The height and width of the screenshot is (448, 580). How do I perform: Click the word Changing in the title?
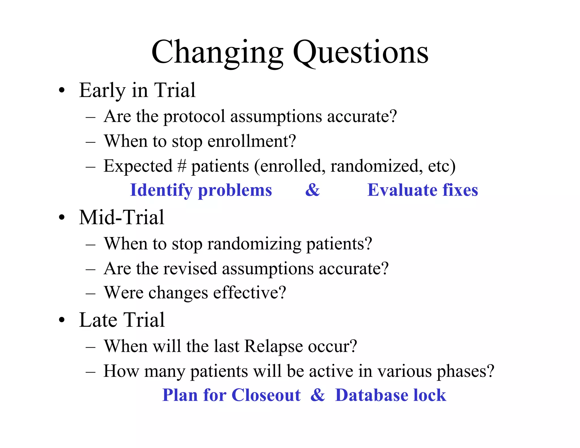point(217,53)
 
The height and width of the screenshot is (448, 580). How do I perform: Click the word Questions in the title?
point(360,53)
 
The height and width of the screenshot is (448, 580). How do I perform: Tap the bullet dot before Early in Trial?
point(62,91)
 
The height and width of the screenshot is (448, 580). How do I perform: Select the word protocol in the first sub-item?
point(194,117)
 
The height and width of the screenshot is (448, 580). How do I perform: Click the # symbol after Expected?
point(182,166)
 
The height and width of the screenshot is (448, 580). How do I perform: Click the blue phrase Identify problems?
point(201,190)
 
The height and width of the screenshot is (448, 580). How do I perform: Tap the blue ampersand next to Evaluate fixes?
point(312,190)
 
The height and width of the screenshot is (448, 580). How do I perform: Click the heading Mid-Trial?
point(121,217)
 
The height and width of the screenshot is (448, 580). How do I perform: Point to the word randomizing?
point(254,244)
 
